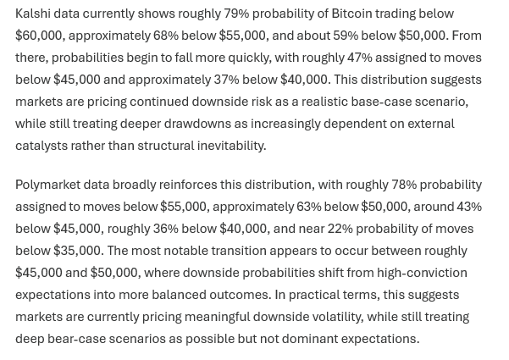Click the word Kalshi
pos(33,14)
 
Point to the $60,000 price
pos(40,36)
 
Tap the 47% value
pos(360,58)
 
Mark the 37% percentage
pos(226,80)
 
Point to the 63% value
pos(309,207)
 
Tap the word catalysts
pos(41,146)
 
